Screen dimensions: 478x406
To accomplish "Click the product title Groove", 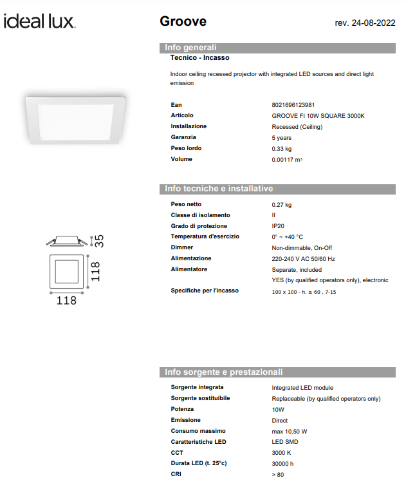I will click(x=183, y=21).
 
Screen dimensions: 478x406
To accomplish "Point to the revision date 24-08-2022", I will click(x=365, y=23).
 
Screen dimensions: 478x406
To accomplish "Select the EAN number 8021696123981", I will click(x=293, y=104).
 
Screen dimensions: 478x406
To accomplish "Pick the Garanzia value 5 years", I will click(x=282, y=137).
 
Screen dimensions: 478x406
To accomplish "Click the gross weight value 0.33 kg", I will click(x=282, y=148).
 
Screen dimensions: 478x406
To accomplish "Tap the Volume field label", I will click(x=181, y=159).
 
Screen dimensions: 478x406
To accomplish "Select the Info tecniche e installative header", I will click(x=219, y=189).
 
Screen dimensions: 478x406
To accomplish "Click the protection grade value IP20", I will click(x=279, y=226).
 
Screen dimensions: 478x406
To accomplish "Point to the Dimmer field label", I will click(x=182, y=247).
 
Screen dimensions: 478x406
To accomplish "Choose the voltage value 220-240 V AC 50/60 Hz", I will click(x=303, y=258).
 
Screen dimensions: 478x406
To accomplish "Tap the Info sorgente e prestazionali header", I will click(x=223, y=372).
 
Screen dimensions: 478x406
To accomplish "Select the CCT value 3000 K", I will click(x=282, y=453).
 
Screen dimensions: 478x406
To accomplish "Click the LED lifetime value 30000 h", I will click(x=283, y=464).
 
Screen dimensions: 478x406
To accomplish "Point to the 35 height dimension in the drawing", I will click(x=99, y=241).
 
